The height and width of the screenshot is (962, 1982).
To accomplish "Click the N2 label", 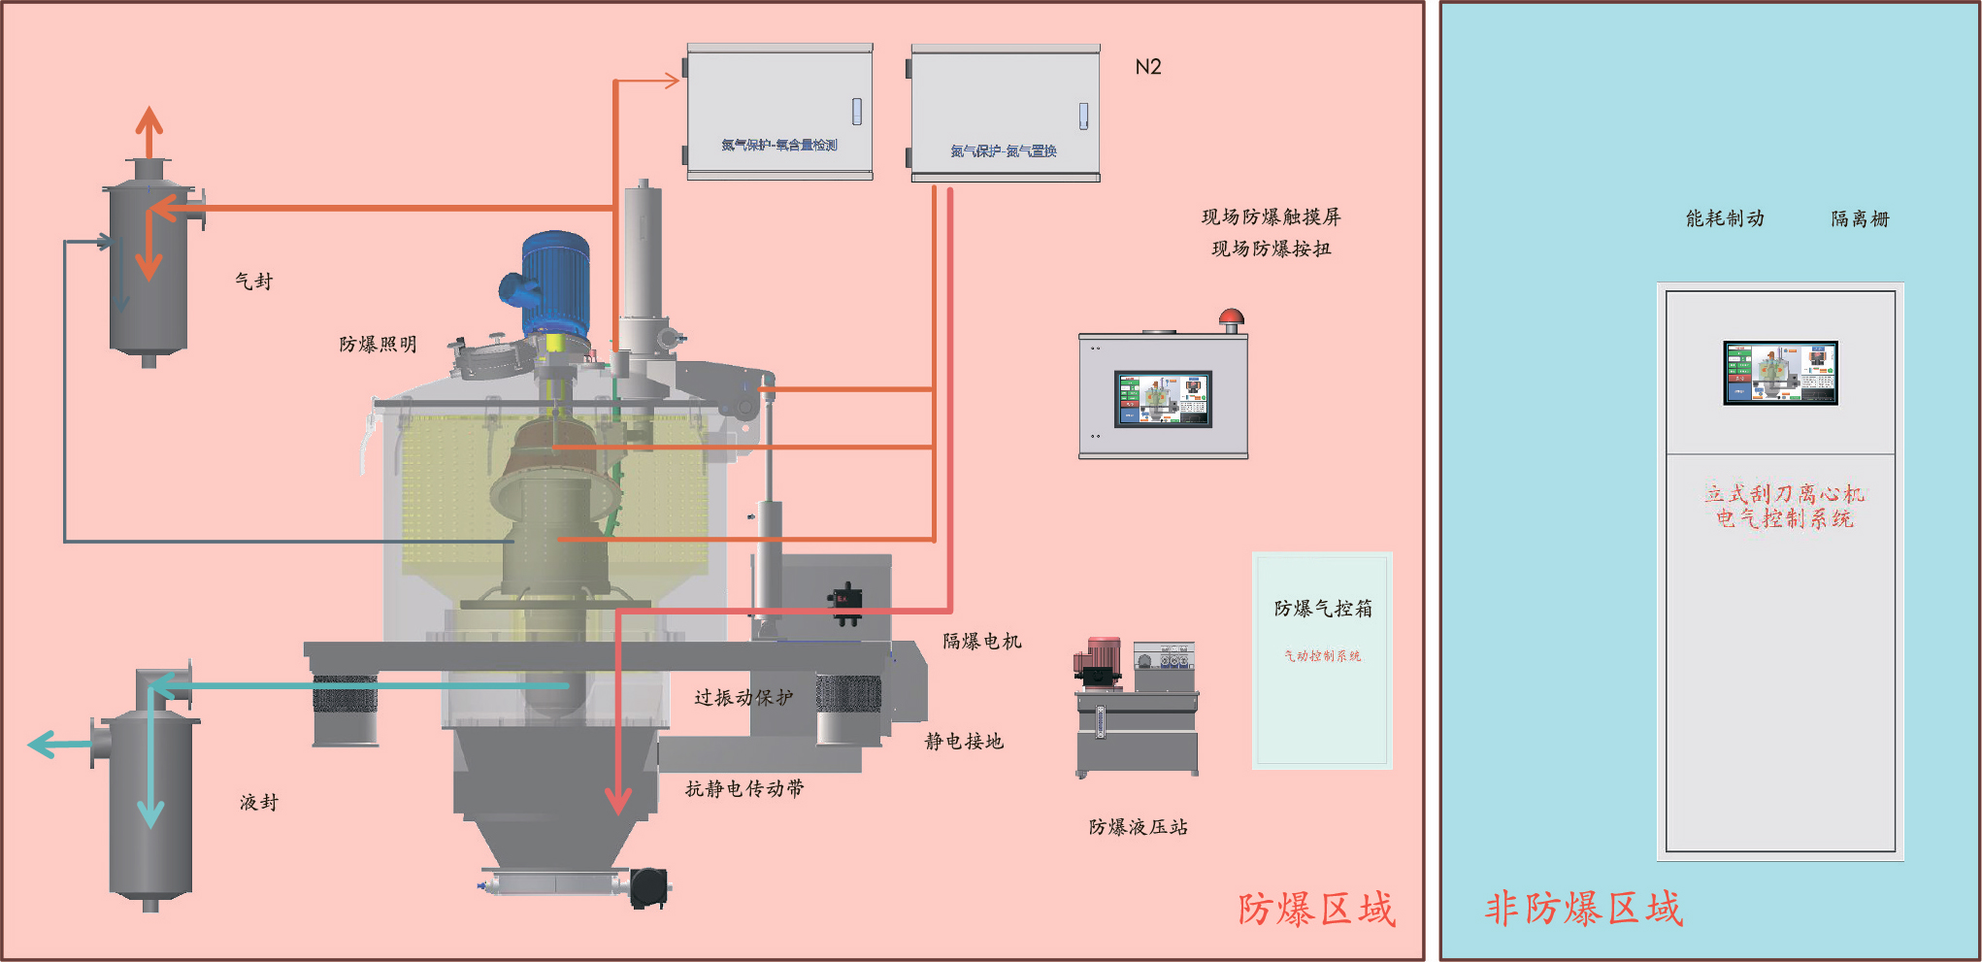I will pos(1148,67).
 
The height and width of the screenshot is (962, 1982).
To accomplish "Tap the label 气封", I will pos(254,282).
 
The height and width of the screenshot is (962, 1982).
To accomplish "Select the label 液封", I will pos(259,803).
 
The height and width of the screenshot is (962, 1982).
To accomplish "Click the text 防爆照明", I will pos(379,345).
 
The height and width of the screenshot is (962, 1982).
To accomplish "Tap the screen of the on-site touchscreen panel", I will pos(1163,398).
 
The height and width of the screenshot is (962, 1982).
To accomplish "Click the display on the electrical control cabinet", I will pos(1780,373).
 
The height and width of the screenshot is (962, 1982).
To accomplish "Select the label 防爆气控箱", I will pos(1323,609).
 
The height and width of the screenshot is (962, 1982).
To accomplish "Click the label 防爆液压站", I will pos(1139,827).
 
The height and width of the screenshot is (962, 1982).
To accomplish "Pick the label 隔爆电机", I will pos(982,642).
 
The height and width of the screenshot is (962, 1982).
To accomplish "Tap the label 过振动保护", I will pos(743,698).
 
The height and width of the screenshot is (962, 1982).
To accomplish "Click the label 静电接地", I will pos(964,742).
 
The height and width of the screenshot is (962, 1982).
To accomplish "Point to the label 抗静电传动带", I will pos(744,789).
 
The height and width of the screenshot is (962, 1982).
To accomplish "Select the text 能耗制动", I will pos(1725,218).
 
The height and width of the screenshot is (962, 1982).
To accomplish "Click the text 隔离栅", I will pos(1860,218).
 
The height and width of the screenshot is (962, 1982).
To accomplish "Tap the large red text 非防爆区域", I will pos(1584,909).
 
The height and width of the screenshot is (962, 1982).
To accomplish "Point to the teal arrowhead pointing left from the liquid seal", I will pos(42,745).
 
